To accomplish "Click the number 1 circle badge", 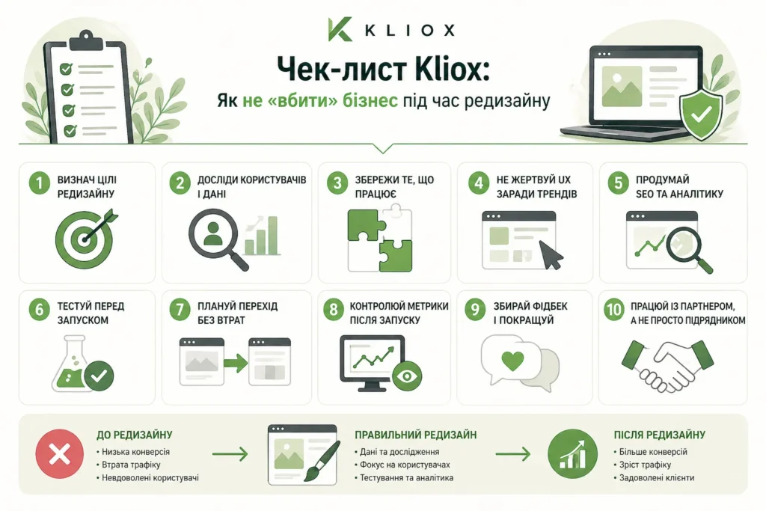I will tap(38, 184).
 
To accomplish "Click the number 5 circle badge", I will tap(617, 184).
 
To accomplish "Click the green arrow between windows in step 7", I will tap(235, 363).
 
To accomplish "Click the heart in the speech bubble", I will tap(512, 361).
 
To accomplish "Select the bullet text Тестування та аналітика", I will tap(406, 478).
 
